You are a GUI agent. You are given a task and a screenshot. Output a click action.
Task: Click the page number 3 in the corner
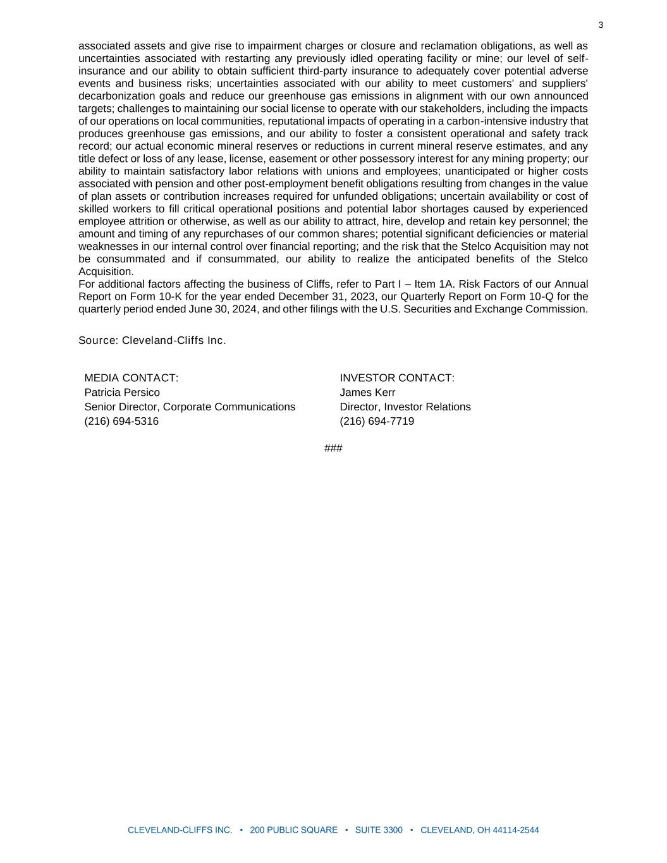pyautogui.click(x=601, y=25)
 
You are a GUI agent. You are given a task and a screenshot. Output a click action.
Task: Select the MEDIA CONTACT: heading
pyautogui.click(x=132, y=378)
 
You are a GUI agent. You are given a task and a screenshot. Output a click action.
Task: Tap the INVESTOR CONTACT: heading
pyautogui.click(x=397, y=378)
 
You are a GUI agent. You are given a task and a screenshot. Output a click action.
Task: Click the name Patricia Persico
pyautogui.click(x=122, y=393)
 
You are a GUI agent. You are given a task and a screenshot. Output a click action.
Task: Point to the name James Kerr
pyautogui.click(x=367, y=393)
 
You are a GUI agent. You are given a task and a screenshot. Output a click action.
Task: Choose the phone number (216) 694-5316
pyautogui.click(x=121, y=422)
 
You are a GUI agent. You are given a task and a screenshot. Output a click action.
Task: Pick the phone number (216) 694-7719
pyautogui.click(x=377, y=422)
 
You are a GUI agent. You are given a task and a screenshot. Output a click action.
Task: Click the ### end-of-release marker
pyautogui.click(x=333, y=448)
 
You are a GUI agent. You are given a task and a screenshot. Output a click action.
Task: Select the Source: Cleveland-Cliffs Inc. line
pyautogui.click(x=152, y=341)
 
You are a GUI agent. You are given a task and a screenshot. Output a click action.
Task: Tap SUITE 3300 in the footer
pyautogui.click(x=379, y=830)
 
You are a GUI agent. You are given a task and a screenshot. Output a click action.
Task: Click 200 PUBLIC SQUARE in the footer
pyautogui.click(x=294, y=830)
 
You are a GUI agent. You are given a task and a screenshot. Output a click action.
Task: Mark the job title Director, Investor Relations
pyautogui.click(x=405, y=407)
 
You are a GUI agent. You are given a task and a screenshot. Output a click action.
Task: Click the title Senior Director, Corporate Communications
pyautogui.click(x=190, y=407)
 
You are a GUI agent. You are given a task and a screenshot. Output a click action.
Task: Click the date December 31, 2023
pyautogui.click(x=328, y=297)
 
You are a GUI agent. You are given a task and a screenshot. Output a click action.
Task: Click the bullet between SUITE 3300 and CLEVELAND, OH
pyautogui.click(x=412, y=830)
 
